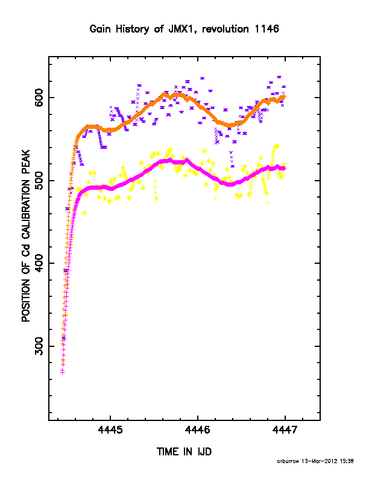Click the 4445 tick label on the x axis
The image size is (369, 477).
tap(110, 431)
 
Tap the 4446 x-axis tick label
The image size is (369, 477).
tap(198, 431)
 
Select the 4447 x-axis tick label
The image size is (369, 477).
tap(285, 431)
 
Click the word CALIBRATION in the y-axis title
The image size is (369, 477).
tap(26, 210)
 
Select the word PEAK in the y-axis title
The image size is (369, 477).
tap(26, 162)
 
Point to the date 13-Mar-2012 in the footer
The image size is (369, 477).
tap(320, 461)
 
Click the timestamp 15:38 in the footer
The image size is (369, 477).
tap(347, 461)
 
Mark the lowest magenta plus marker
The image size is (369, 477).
tap(63, 372)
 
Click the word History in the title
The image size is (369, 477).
tap(133, 30)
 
